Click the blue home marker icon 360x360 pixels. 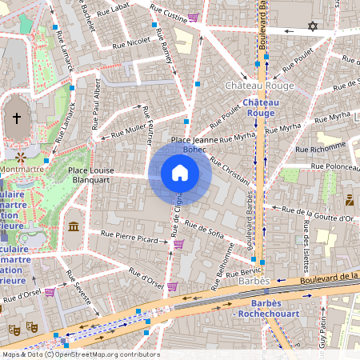point(180,173)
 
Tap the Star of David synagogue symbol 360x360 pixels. point(313,27)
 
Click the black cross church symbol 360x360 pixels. point(16,118)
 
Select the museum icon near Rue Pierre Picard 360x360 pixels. point(74,228)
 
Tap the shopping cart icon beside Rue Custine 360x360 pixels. point(193,17)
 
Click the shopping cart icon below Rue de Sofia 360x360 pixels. point(178,244)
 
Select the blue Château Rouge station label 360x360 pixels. point(261,108)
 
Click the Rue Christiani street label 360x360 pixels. point(230,170)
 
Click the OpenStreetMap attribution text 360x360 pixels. point(80,354)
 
